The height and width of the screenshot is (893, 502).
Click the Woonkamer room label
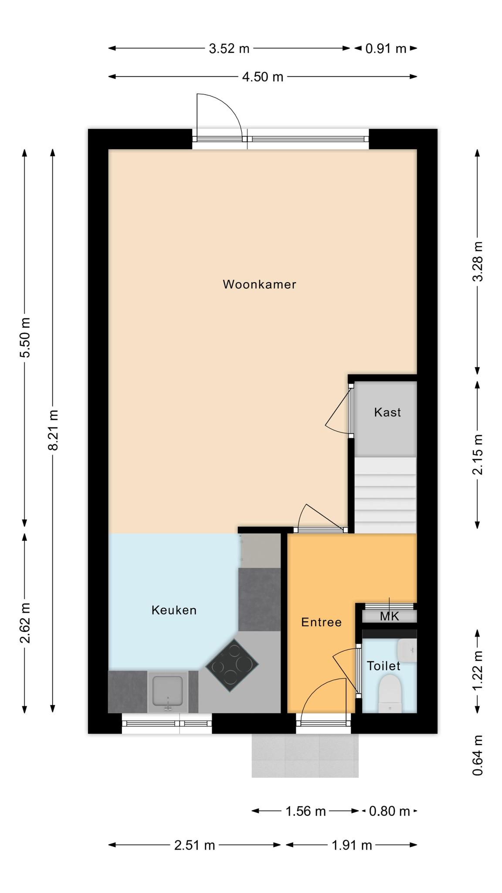pos(259,284)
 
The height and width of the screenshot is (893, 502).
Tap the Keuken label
pos(174,610)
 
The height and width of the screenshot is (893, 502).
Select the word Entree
pos(321,622)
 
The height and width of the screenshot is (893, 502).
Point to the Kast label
pos(387,412)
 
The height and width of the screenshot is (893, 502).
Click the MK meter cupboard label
pos(389,616)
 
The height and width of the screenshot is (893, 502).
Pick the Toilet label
pos(383,666)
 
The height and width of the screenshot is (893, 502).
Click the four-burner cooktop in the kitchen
pos(232,665)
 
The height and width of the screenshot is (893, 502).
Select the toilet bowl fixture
pos(390,693)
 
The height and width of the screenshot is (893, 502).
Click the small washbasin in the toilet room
pos(407,651)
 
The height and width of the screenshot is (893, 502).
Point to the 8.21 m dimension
pos(53,430)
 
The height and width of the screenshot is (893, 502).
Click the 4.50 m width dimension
pos(263,77)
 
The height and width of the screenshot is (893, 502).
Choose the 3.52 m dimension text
pos(229,48)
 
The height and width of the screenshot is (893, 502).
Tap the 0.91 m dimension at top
pos(386,48)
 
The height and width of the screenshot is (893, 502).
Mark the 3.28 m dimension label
pos(478,262)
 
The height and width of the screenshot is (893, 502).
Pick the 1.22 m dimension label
pos(478,670)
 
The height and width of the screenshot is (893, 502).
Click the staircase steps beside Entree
pos(385,495)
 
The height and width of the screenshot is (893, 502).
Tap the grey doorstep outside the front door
pos(305,756)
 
